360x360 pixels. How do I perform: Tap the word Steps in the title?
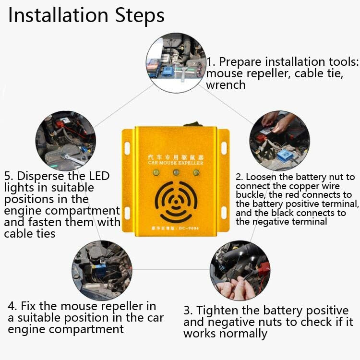139,16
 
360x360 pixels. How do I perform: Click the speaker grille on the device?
177,200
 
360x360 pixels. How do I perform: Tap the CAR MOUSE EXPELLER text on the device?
177,163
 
